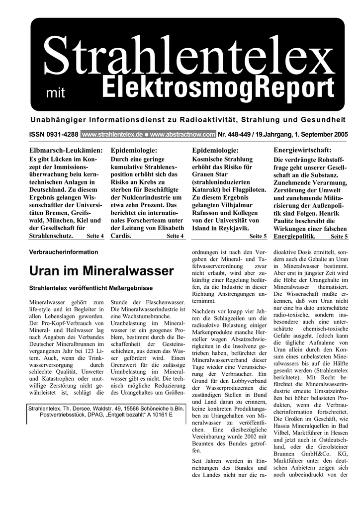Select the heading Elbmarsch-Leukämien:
pos(66,150)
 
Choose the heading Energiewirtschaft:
pos(302,150)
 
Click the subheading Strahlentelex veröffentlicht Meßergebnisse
pos(91,288)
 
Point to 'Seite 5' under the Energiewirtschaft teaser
pos(339,236)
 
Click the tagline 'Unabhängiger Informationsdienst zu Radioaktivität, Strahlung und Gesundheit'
pos(188,120)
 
